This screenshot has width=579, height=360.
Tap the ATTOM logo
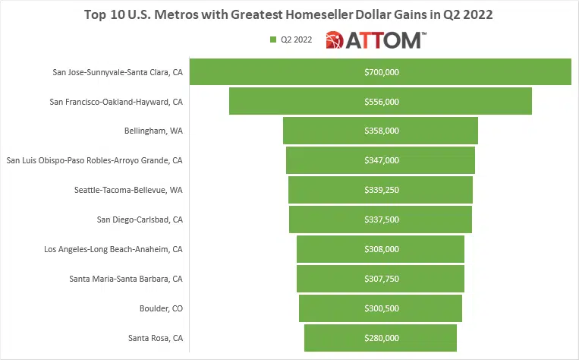point(374,39)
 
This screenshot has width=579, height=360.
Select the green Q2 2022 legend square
point(272,39)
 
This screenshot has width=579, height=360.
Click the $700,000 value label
point(381,72)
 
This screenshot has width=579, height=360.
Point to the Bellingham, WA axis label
point(153,131)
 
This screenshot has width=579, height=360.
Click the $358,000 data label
point(381,131)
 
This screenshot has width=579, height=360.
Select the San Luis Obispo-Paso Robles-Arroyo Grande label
point(94,160)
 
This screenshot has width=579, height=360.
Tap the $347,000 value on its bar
point(381,160)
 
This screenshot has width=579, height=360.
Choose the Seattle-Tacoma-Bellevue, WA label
point(129,190)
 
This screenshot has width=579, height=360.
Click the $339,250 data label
point(381,190)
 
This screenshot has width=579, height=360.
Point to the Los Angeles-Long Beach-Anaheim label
point(114,249)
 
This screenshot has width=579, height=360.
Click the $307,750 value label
point(381,279)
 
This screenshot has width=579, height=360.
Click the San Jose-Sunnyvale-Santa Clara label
point(118,72)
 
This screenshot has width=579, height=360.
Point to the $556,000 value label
point(381,101)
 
